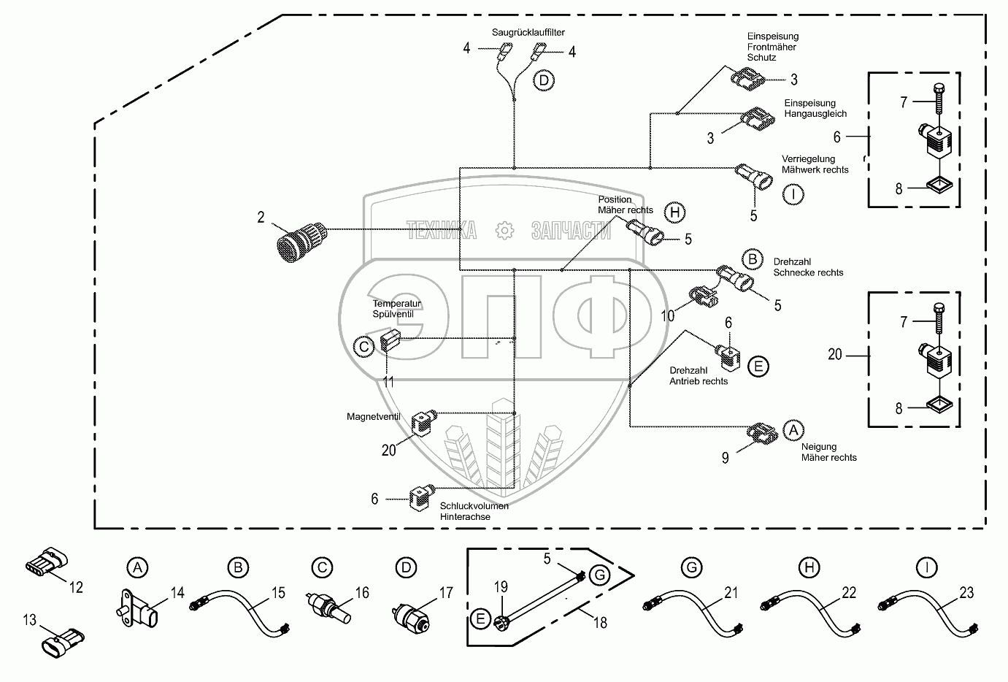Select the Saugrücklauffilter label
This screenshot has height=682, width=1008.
point(528,33)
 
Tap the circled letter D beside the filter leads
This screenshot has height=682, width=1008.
point(544,80)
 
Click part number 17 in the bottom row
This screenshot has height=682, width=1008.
point(446,594)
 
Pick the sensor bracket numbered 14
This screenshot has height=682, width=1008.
point(139,608)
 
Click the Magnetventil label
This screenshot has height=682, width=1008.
point(374,417)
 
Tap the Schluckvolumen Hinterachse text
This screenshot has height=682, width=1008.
point(474,511)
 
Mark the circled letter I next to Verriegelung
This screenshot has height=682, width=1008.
point(793,194)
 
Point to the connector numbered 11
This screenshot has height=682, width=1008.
point(388,341)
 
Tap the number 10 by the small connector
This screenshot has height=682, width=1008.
point(668,315)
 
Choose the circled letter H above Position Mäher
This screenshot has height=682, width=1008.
point(676,212)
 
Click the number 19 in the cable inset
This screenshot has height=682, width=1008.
point(501,586)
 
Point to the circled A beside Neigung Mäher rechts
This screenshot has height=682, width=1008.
point(793,430)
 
